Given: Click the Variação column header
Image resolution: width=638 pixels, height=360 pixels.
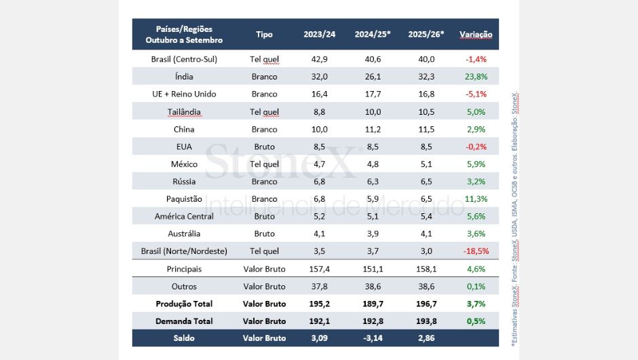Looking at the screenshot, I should point(476,35).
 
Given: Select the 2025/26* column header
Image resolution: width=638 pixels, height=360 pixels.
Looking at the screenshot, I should point(426,35).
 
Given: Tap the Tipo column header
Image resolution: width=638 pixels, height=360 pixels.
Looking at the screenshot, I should point(265,35).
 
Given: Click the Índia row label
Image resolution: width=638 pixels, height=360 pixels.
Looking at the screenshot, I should point(184,77).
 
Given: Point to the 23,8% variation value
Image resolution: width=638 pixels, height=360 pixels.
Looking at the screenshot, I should point(476,77).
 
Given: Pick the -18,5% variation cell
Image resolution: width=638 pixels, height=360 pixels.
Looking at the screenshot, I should point(476,251).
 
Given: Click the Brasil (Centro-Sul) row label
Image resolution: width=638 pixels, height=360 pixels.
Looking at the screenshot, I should point(184,59).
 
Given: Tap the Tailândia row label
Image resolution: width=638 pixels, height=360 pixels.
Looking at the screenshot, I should point(184,111).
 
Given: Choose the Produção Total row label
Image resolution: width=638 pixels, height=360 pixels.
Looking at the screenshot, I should point(184,304).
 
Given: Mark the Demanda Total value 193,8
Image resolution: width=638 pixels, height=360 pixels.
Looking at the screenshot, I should point(426,321).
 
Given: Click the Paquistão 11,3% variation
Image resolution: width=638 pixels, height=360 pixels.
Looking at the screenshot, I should point(476,199).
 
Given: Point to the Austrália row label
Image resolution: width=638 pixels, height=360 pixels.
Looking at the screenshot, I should point(184,234).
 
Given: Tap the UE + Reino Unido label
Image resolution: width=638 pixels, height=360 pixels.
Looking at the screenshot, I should point(184,94).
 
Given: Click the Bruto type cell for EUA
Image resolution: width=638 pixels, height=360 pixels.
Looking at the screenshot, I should point(265,147).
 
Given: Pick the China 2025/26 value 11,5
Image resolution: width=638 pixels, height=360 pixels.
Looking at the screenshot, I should point(426,129).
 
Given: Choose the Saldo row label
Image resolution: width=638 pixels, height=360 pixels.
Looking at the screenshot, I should point(184,338).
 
